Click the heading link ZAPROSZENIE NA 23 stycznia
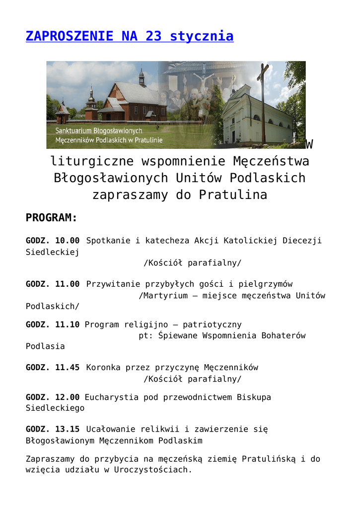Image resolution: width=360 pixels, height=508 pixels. click(130, 36)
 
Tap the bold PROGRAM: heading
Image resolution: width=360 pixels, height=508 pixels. click(52, 218)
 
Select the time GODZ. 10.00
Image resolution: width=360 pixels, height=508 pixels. click(53, 241)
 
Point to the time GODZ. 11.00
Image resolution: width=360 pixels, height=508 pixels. click(53, 284)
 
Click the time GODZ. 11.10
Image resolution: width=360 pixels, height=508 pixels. click(53, 325)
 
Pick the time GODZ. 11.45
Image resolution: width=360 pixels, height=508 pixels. click(53, 368)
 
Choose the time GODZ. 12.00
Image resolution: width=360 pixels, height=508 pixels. click(53, 397)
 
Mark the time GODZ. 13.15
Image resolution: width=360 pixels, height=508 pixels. click(53, 429)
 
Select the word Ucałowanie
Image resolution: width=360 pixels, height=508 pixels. click(111, 429)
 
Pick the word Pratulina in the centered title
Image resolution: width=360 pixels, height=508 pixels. click(233, 195)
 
